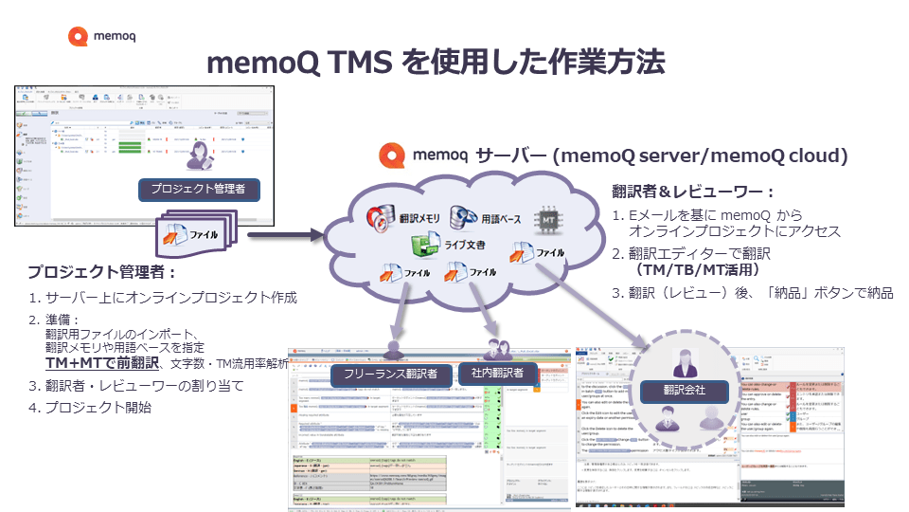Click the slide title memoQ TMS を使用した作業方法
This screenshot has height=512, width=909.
pyautogui.click(x=436, y=64)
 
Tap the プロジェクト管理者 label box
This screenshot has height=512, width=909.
pyautogui.click(x=199, y=190)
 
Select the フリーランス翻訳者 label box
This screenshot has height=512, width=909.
pyautogui.click(x=390, y=374)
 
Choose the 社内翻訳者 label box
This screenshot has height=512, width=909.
pyautogui.click(x=497, y=372)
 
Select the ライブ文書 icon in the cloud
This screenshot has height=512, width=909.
pyautogui.click(x=425, y=247)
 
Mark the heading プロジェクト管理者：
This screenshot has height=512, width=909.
pyautogui.click(x=102, y=272)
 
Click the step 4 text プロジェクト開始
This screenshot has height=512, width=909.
pyautogui.click(x=104, y=409)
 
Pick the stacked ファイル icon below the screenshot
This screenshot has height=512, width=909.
pyautogui.click(x=193, y=234)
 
